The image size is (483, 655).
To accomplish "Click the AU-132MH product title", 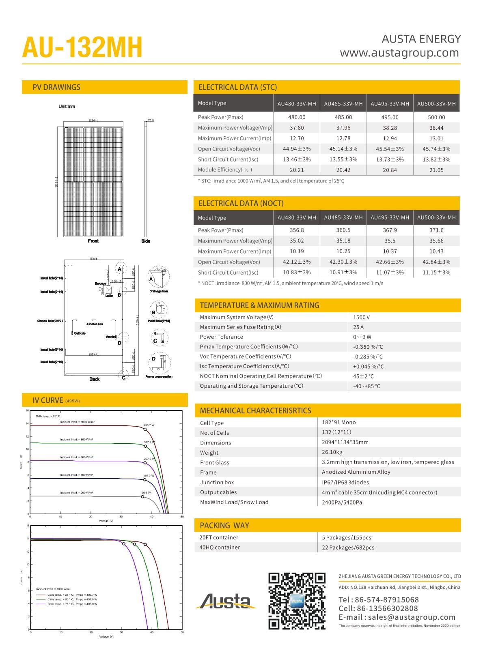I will pyautogui.click(x=82, y=47).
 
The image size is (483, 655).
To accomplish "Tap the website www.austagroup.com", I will pyautogui.click(x=399, y=53).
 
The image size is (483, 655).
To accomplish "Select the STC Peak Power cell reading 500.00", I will pyautogui.click(x=436, y=117).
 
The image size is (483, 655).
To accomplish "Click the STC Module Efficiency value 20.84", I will pyautogui.click(x=390, y=170).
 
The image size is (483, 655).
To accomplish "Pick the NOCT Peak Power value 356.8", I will pyautogui.click(x=297, y=230).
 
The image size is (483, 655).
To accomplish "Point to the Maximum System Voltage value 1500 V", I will pyautogui.click(x=361, y=317).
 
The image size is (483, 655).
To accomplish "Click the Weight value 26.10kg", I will pyautogui.click(x=332, y=452).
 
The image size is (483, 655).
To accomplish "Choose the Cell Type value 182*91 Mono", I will pyautogui.click(x=339, y=422).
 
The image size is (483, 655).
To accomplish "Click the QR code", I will pyautogui.click(x=297, y=601).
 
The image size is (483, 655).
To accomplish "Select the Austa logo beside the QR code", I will pyautogui.click(x=226, y=601).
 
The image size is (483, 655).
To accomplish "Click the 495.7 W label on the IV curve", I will pyautogui.click(x=149, y=425).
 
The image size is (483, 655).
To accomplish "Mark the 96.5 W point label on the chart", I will pyautogui.click(x=146, y=493).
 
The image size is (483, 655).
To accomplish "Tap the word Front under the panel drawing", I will pyautogui.click(x=93, y=241).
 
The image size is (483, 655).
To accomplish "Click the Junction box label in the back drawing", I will pyautogui.click(x=95, y=324).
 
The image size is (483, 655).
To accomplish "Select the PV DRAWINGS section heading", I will pyautogui.click(x=56, y=87).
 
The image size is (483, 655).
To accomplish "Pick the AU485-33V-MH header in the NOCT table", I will pyautogui.click(x=343, y=217).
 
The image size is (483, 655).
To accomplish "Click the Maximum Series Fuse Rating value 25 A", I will pyautogui.click(x=358, y=327).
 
